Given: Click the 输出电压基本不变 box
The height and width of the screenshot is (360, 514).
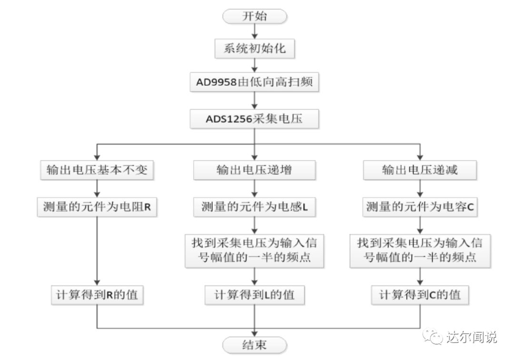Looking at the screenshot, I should click(x=97, y=170).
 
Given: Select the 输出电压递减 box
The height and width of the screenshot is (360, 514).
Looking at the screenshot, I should click(x=419, y=170).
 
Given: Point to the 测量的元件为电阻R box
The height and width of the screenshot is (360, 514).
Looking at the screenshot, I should click(x=97, y=207).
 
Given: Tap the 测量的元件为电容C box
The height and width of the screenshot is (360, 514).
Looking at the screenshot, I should click(x=419, y=207).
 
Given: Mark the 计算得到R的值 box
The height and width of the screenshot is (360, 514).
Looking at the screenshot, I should click(x=97, y=295).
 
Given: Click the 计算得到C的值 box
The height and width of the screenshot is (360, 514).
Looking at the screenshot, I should click(x=419, y=295).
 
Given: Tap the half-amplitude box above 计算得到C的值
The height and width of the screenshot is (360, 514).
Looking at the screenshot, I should click(x=419, y=250).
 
